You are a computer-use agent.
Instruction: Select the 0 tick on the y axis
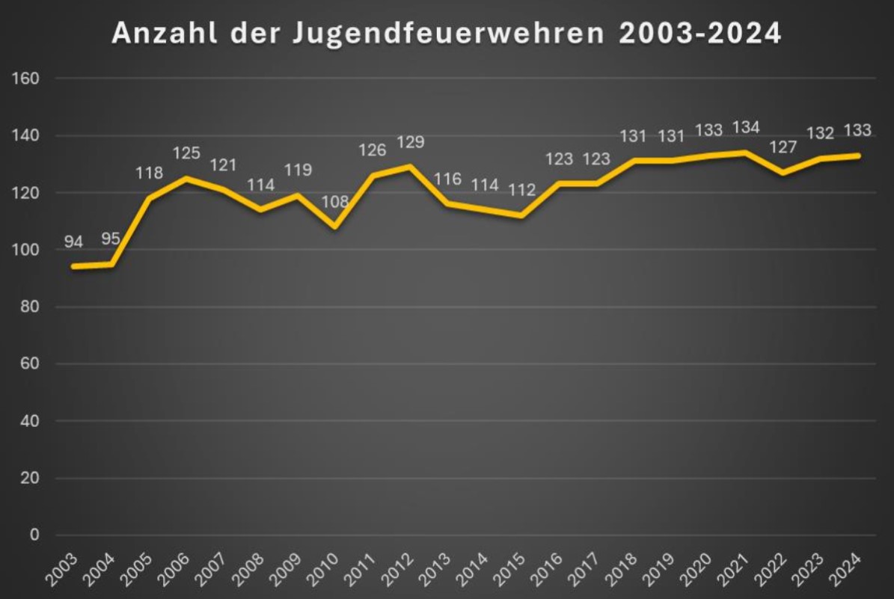(34, 535)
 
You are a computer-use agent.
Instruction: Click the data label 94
(73, 242)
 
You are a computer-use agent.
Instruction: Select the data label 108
(335, 202)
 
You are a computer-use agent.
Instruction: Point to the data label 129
(410, 142)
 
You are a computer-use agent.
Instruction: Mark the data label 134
(746, 128)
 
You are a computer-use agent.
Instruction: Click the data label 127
(783, 147)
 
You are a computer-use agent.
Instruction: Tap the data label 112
(522, 190)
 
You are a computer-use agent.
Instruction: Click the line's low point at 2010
(335, 227)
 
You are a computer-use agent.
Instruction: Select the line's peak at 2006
(186, 178)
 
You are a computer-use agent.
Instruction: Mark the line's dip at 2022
(783, 173)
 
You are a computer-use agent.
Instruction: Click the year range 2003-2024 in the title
(700, 34)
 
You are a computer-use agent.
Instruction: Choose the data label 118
(148, 173)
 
